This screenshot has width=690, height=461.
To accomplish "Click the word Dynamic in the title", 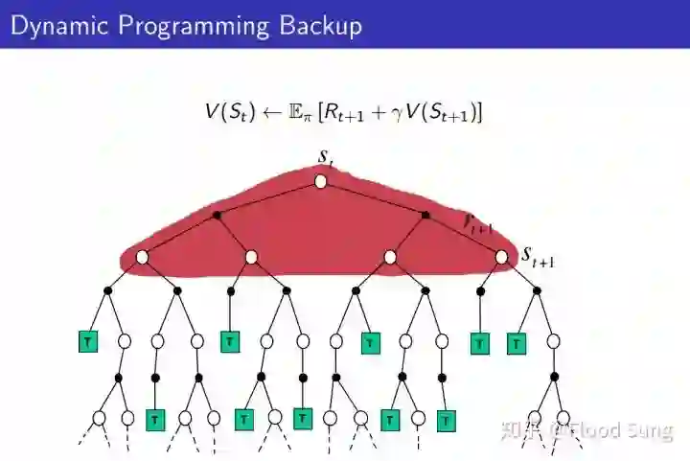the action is coord(55,25).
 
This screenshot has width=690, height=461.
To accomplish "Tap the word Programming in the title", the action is coord(194,25).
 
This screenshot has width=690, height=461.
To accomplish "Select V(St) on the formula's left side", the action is coord(229,112).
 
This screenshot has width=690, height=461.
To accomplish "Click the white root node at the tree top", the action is coord(321,181).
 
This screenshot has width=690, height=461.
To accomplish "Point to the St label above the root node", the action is coord(326,156).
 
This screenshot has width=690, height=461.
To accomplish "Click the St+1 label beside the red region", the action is coord(538,257).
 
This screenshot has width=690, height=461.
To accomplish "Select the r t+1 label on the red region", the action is coord(477,223).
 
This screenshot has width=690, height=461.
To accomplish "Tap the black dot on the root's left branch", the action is coord(217,215).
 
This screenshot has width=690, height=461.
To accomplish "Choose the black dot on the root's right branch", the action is coord(425,215).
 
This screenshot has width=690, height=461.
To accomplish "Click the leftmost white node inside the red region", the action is coord(142,257).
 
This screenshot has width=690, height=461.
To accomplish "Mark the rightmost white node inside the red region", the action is coord(501,257).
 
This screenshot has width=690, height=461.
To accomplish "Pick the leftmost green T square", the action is coord(88,341).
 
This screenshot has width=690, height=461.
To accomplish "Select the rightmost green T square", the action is coord(517,342).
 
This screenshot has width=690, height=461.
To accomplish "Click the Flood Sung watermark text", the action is coord(618,431).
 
